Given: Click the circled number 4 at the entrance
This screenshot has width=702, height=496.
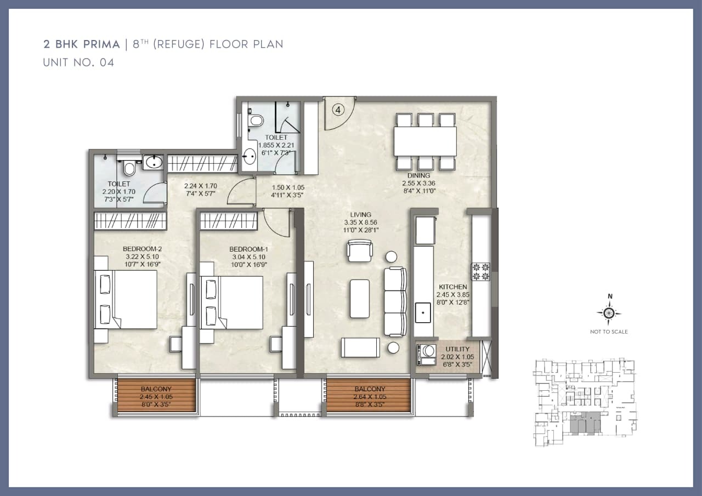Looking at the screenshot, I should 338,110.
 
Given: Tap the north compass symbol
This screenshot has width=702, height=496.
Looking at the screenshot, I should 609,313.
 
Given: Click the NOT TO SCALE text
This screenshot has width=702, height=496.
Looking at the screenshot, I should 609,332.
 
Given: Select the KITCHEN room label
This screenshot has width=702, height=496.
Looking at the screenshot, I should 452,287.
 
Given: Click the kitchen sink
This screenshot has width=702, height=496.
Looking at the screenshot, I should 424,312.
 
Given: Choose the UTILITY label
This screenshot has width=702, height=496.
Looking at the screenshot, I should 457,349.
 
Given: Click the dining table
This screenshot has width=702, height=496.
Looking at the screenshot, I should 425,141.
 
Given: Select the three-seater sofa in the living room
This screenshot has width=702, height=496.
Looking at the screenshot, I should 395,301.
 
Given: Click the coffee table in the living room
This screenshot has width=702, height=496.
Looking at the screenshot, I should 360,298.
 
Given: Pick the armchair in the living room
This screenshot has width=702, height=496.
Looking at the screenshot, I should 360,252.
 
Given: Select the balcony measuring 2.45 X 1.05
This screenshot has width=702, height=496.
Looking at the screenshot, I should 156,396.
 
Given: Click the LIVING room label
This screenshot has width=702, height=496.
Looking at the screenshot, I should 361,214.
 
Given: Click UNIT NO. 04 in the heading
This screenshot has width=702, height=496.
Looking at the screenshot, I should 78,62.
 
